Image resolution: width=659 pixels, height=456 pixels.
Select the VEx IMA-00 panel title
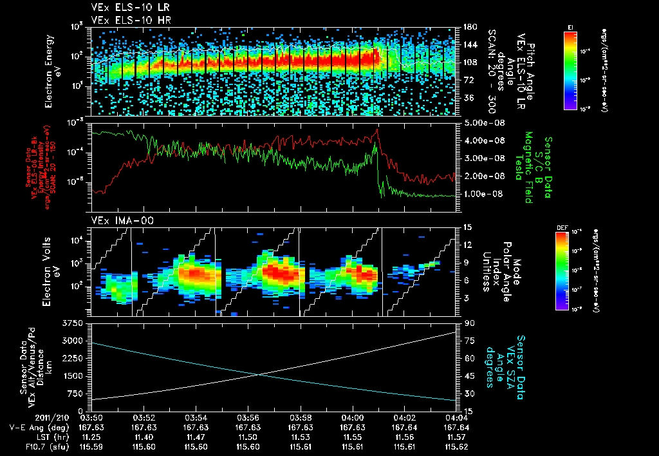pos(116,221)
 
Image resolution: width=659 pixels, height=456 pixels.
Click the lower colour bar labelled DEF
pos(562,271)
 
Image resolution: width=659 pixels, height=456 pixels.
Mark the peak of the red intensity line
pos(377,129)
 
